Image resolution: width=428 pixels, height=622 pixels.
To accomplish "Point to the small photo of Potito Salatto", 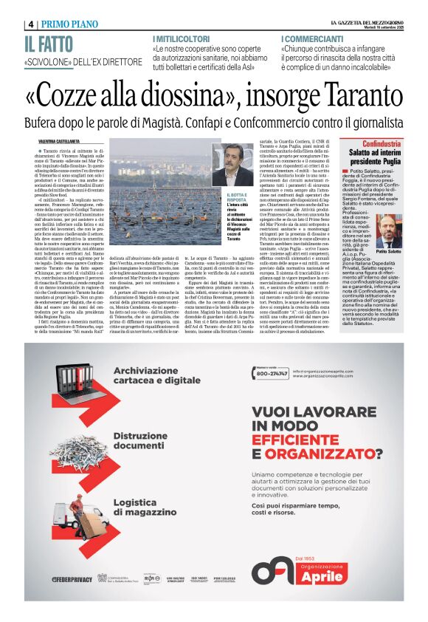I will [386, 231].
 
